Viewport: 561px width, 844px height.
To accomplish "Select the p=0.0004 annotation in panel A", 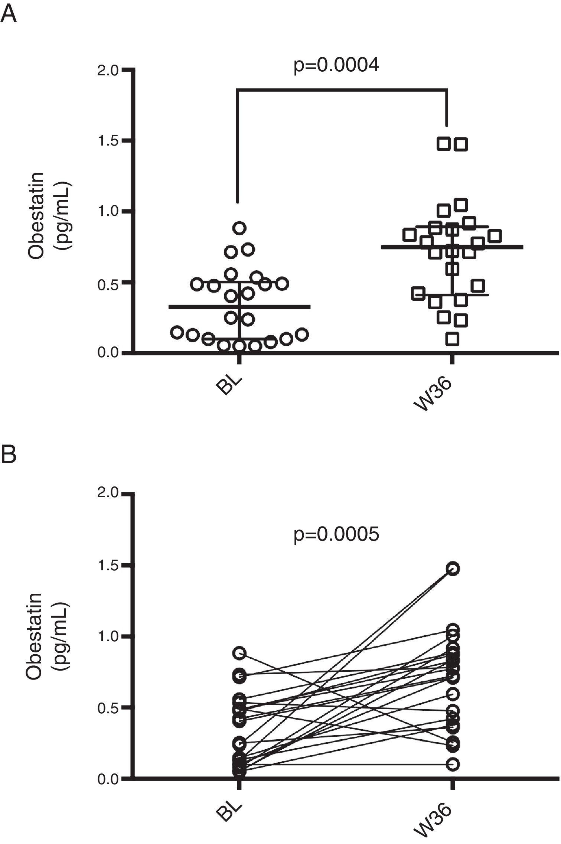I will coord(336,65).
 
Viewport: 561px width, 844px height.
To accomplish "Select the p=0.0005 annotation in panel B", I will coord(336,535).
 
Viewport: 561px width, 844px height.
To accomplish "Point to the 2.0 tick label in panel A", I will coord(108,70).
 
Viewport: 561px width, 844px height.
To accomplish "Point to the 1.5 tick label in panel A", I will coord(108,141).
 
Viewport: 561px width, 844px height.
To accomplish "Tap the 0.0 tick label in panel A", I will coord(108,352).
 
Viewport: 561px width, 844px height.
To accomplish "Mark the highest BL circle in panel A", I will coord(240,228).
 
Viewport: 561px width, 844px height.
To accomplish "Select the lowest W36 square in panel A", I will coord(452,339).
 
